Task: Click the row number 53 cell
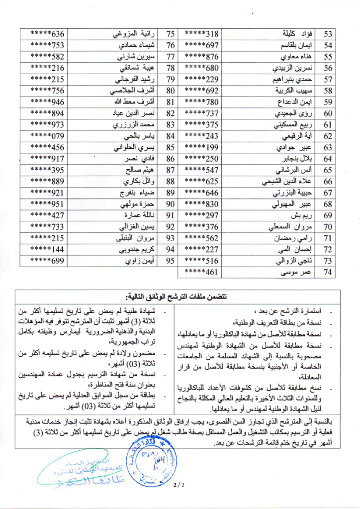(x=327, y=34)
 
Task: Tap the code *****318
(x=202, y=34)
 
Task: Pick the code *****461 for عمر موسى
(x=202, y=272)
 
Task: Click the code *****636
(x=47, y=34)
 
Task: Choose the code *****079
(x=47, y=136)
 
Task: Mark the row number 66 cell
(x=327, y=182)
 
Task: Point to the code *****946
(x=47, y=102)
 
